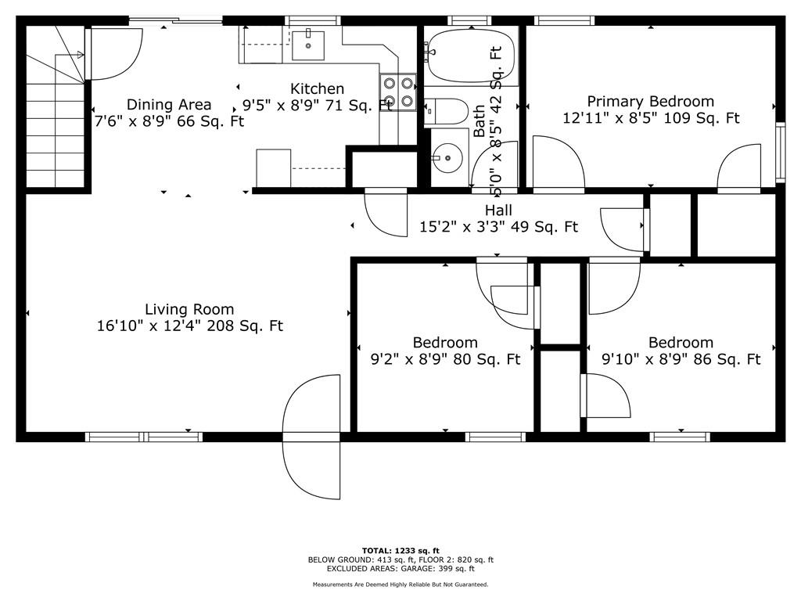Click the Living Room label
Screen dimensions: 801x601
[x=189, y=309]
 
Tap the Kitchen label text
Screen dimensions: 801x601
[x=318, y=88]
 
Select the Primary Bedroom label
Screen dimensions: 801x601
[x=650, y=101]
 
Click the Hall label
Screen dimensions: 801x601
[x=498, y=210]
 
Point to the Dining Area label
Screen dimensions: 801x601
[x=169, y=105]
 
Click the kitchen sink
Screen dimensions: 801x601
[x=308, y=45]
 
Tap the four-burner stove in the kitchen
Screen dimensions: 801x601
[x=398, y=92]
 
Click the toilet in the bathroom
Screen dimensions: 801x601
[x=446, y=111]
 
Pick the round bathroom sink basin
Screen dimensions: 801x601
[x=447, y=157]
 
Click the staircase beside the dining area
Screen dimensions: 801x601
[x=56, y=106]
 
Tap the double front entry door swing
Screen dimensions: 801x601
[x=312, y=437]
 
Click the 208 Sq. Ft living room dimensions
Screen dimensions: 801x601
[x=189, y=326]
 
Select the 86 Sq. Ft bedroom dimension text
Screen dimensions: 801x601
[x=681, y=359]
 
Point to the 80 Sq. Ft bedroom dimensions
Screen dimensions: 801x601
[x=445, y=359]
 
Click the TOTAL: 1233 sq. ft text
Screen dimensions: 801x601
[x=400, y=550]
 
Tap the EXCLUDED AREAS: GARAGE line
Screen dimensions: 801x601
[x=400, y=568]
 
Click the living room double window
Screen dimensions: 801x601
[x=144, y=437]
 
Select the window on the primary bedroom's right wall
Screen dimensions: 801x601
[x=780, y=153]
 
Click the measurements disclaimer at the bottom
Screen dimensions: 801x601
[x=400, y=584]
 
